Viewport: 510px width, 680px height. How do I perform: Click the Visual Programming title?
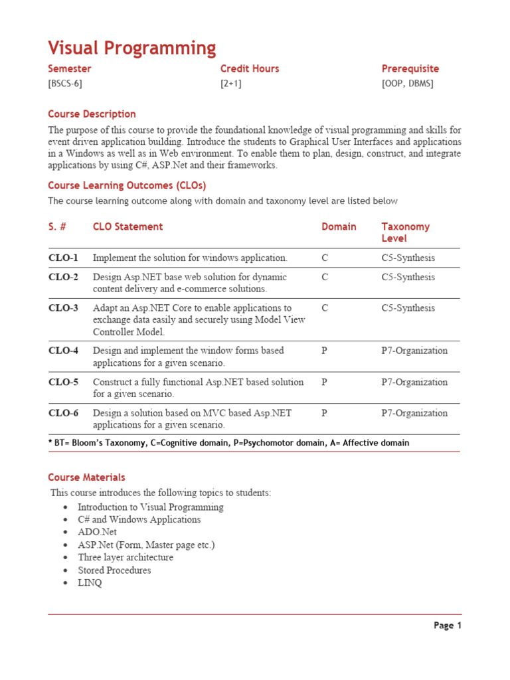[x=131, y=48]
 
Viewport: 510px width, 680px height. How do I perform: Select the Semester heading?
[x=70, y=69]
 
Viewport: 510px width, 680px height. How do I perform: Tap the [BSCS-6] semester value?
[x=65, y=84]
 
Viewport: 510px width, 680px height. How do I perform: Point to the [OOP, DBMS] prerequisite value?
[x=407, y=84]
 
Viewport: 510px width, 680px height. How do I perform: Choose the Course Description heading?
[x=92, y=114]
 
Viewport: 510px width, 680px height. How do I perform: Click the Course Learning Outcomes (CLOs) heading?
[x=127, y=186]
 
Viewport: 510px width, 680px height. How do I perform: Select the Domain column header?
[x=339, y=227]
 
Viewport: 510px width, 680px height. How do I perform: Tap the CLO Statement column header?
[x=127, y=227]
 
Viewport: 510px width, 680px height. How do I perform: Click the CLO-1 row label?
[x=63, y=258]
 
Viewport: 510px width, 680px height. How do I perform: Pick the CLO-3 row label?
[x=63, y=308]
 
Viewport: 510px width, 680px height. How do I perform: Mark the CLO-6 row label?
[x=63, y=413]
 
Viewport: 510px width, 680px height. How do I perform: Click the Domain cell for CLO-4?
[x=324, y=351]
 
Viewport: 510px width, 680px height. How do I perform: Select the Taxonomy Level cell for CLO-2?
[x=408, y=277]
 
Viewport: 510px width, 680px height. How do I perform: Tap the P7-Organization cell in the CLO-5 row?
[x=414, y=382]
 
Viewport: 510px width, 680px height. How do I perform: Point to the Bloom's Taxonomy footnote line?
[x=228, y=443]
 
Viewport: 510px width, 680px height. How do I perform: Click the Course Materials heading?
[x=86, y=477]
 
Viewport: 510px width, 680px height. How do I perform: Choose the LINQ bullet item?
[x=90, y=583]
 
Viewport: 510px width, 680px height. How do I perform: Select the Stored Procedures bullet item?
[x=114, y=570]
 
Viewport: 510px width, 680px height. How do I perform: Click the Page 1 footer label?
[x=447, y=626]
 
